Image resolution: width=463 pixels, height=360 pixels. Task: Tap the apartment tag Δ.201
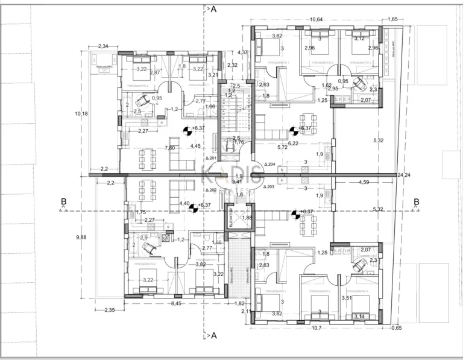click(x=211, y=159)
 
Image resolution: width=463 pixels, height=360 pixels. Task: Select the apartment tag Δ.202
click(x=210, y=190)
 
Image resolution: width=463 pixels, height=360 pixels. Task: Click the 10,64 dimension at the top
click(x=317, y=19)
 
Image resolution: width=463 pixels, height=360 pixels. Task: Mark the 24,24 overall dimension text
click(x=403, y=175)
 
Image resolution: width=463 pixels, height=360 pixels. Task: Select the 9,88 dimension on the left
click(x=81, y=237)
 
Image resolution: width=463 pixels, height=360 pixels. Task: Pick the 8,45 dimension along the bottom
click(x=177, y=304)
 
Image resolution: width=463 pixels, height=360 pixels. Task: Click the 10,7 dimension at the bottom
click(x=316, y=328)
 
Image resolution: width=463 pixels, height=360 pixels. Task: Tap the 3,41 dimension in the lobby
click(x=237, y=181)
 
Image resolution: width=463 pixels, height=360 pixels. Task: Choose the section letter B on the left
click(x=63, y=202)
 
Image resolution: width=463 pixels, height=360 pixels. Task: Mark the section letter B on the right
click(x=416, y=202)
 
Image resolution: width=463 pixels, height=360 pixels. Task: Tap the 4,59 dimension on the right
click(x=364, y=182)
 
